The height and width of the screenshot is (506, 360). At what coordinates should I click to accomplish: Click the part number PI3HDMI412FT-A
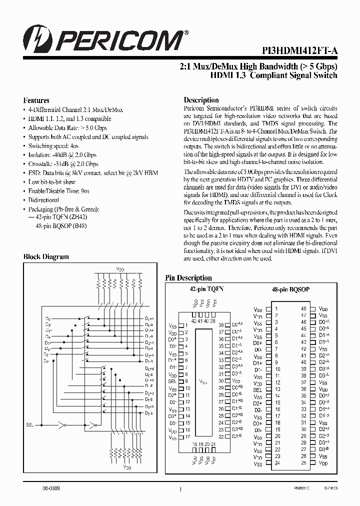(x=299, y=50)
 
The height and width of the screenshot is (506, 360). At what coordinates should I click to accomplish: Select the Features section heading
(x=36, y=100)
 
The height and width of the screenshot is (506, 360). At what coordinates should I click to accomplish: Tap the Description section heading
(x=201, y=100)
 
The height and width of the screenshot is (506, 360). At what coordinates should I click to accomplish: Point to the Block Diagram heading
(x=46, y=256)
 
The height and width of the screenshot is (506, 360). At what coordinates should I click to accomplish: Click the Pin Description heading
(x=188, y=278)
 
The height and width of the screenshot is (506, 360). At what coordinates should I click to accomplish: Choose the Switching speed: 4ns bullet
(x=47, y=146)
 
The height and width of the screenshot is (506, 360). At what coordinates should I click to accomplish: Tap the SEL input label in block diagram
(x=30, y=424)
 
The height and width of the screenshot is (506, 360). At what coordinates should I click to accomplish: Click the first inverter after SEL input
(x=62, y=425)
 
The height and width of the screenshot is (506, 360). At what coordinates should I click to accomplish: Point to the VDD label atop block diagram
(x=120, y=268)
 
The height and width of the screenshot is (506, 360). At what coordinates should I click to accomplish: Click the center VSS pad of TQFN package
(x=203, y=381)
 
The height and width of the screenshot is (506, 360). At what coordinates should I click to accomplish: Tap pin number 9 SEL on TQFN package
(x=186, y=381)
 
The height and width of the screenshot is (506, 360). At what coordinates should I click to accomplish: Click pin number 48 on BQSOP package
(x=303, y=309)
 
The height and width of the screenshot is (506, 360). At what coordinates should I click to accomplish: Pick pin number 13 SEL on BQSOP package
(x=275, y=389)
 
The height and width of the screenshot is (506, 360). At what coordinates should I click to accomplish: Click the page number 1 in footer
(x=179, y=491)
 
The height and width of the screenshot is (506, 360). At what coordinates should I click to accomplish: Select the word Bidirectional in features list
(x=43, y=199)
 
